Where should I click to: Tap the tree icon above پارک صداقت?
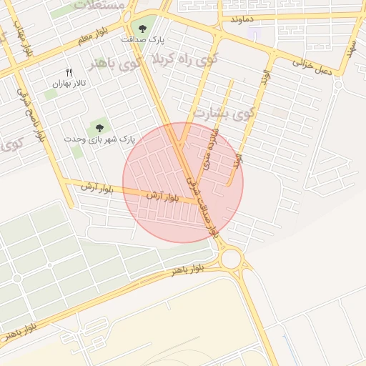pos(142,29)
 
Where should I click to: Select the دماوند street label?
pos(242,19)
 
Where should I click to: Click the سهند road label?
pos(350,49)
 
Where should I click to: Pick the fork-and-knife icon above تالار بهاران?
pos(69,72)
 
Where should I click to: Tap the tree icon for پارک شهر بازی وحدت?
pos(99,127)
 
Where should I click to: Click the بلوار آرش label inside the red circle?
pos(162,195)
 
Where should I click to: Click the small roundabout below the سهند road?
pos(337,84)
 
